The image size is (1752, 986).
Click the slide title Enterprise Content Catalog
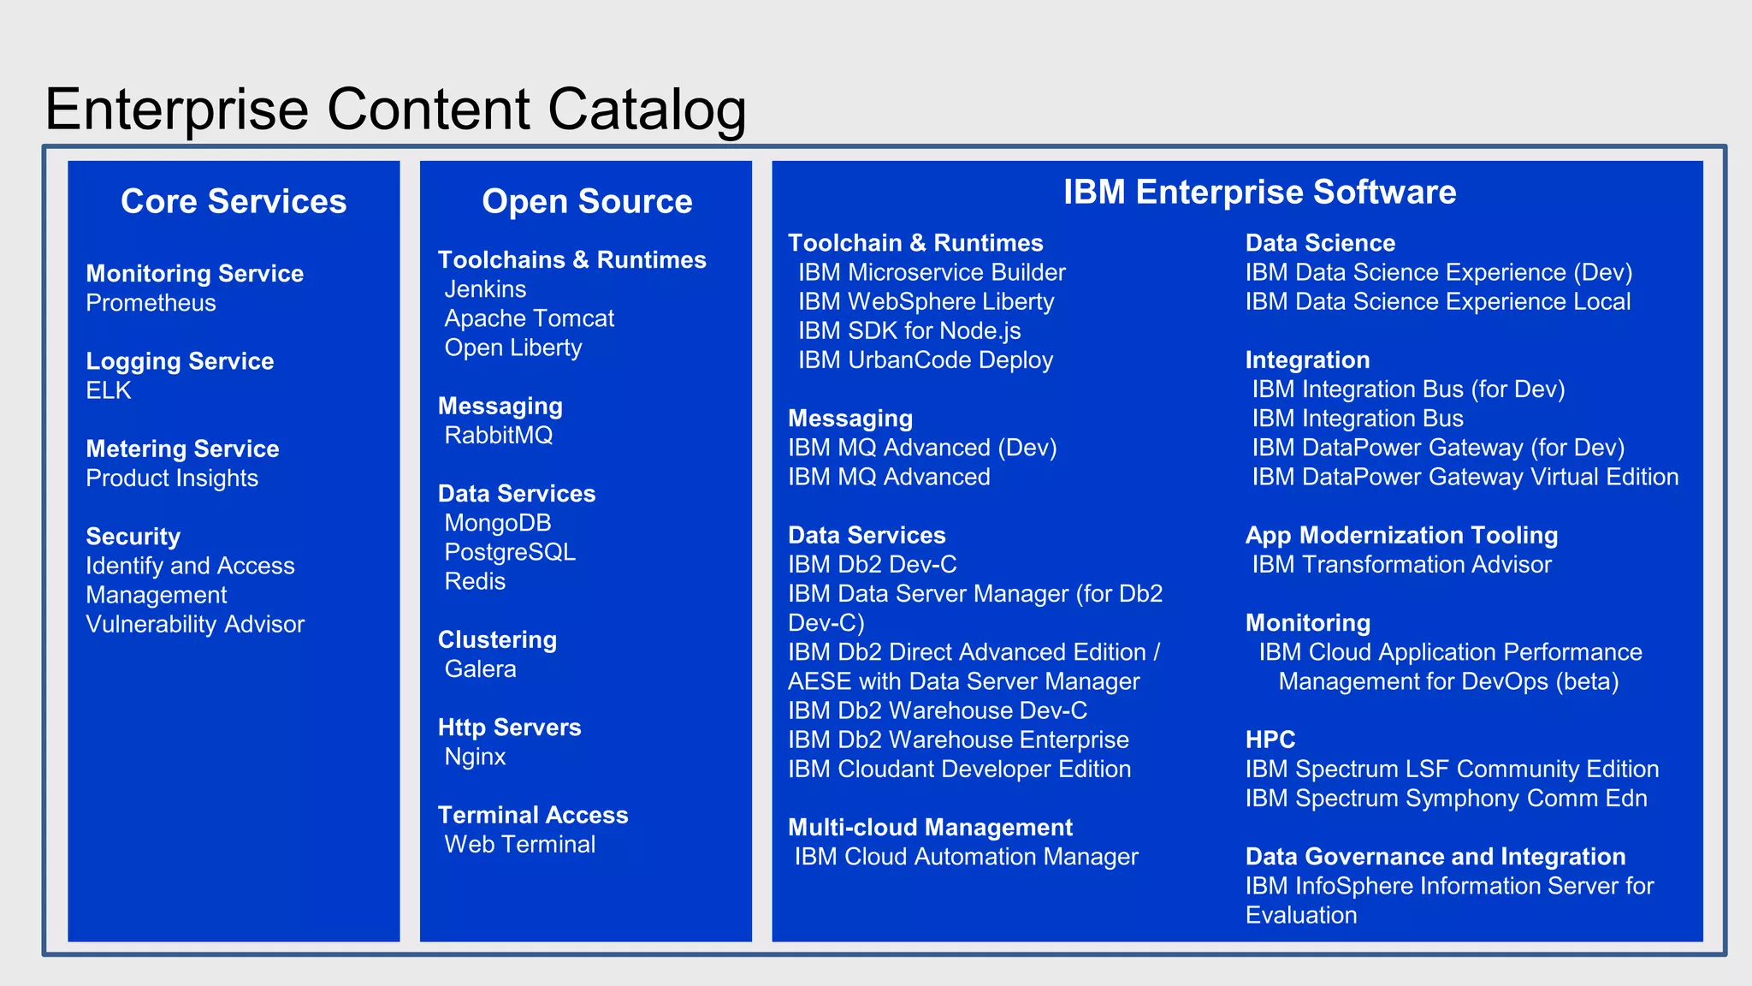pos(395,110)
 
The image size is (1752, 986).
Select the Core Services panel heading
pos(234,201)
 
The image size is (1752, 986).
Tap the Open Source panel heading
pos(587,201)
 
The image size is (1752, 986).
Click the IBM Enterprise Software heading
pos(1259,192)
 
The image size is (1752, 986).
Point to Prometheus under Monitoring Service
pos(151,303)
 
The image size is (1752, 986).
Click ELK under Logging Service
pos(109,390)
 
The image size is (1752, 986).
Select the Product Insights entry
pos(172,478)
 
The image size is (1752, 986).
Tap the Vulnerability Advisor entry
pos(195,624)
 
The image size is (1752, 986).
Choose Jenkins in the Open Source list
pos(485,289)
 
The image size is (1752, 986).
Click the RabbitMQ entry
pos(498,435)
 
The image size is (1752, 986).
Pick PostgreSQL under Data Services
pos(510,552)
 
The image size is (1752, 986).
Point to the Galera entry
pos(480,668)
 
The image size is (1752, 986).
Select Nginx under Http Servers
pos(475,757)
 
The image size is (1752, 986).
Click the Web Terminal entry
pos(519,844)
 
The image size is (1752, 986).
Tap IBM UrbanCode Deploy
pos(925,359)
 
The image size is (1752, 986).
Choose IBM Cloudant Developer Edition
pos(959,769)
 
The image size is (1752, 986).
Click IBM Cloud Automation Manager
pos(966,857)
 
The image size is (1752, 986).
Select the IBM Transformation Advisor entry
pos(1401,565)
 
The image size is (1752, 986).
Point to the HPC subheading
pos(1270,739)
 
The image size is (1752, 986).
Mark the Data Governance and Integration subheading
pos(1435,857)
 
